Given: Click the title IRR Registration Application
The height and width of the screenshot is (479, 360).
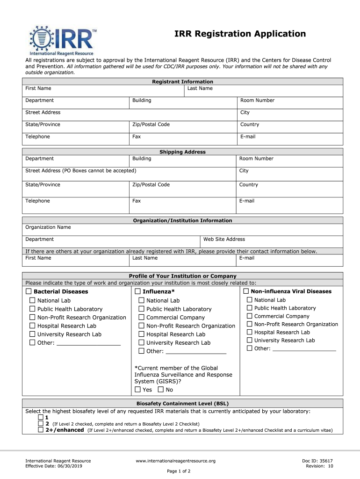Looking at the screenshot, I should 240,34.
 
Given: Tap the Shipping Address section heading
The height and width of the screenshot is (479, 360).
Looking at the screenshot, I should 182,152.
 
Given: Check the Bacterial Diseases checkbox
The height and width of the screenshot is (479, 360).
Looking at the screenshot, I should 29,291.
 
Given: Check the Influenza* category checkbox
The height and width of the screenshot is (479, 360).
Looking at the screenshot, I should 138,291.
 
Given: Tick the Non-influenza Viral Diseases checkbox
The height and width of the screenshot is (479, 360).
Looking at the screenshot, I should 246,291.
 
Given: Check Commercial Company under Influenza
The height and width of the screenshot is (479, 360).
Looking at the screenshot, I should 141,318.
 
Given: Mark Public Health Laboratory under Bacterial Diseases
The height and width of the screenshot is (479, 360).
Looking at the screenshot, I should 32,309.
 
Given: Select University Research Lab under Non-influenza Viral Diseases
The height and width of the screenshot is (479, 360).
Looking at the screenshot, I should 250,340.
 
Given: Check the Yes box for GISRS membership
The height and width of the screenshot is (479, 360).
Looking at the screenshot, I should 137,390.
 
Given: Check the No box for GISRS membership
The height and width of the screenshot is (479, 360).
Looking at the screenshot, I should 161,390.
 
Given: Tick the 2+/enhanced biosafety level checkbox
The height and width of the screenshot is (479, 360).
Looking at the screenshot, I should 41,430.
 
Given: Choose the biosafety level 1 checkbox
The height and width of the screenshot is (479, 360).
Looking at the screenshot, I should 41,417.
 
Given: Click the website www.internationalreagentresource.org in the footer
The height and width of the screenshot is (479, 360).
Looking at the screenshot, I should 175,461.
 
